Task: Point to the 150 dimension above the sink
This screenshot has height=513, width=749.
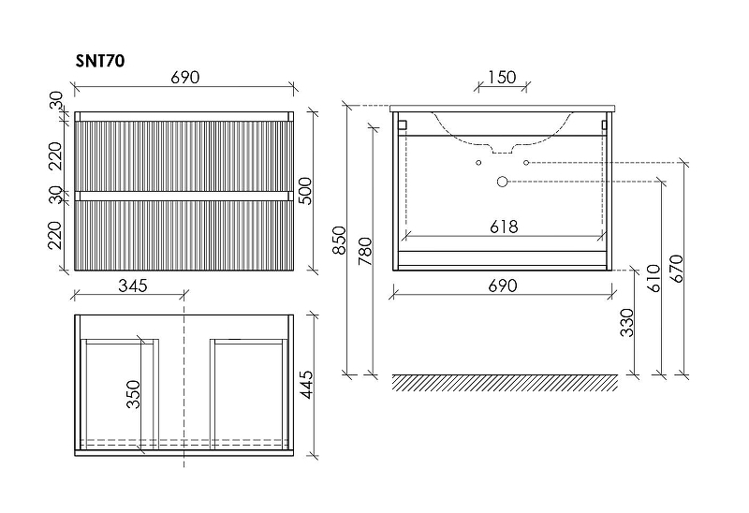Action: (502, 78)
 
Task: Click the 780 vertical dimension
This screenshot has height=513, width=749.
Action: (365, 250)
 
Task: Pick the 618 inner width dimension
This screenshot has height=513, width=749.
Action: (503, 227)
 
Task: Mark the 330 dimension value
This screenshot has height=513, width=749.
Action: (628, 322)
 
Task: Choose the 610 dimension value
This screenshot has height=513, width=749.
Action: (654, 278)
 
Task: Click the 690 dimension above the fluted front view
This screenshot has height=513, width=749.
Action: (184, 78)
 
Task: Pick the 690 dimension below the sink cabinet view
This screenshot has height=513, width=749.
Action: (503, 286)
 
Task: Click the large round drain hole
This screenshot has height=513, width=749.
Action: (502, 180)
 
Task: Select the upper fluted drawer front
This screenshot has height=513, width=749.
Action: (184, 155)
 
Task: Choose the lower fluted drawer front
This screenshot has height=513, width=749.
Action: (184, 234)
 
